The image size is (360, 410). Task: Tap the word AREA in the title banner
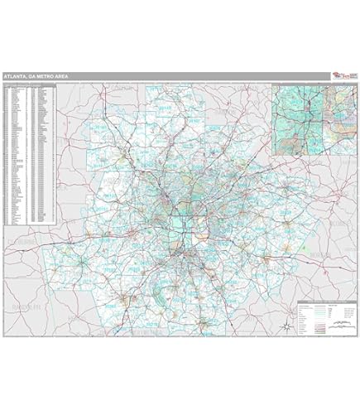tap(60, 76)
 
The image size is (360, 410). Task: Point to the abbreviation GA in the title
tap(32, 76)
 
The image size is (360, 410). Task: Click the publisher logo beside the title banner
tap(341, 75)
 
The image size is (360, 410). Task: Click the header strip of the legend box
tap(326, 303)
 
